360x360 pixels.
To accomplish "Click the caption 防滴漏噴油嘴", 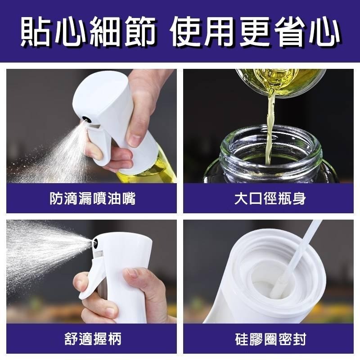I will [x=93, y=198].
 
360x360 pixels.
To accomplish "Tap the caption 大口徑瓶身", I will [x=270, y=198].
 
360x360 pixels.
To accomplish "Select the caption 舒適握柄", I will [x=93, y=338].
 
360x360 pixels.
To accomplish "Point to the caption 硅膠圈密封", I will [x=270, y=338].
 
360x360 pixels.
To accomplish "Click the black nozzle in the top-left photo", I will [x=85, y=120].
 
